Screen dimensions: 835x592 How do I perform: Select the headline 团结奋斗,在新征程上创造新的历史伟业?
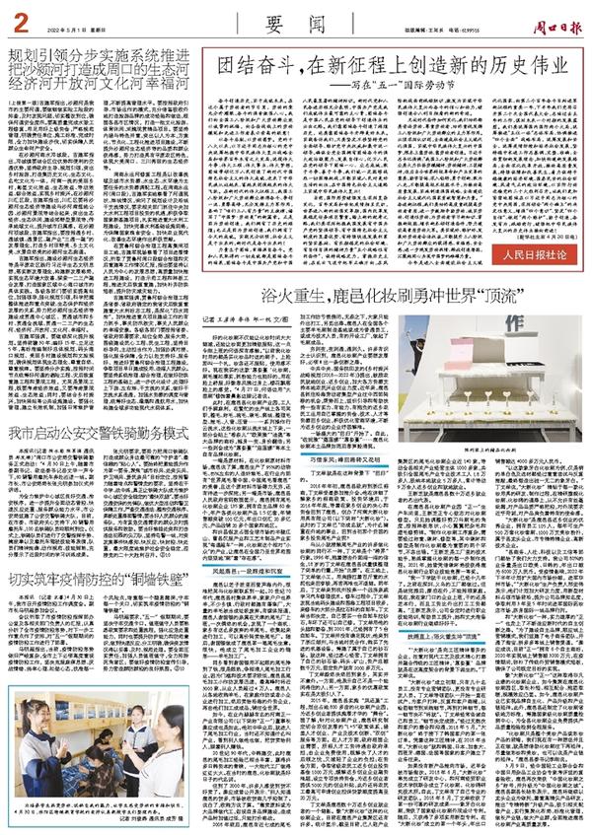[380, 67]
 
